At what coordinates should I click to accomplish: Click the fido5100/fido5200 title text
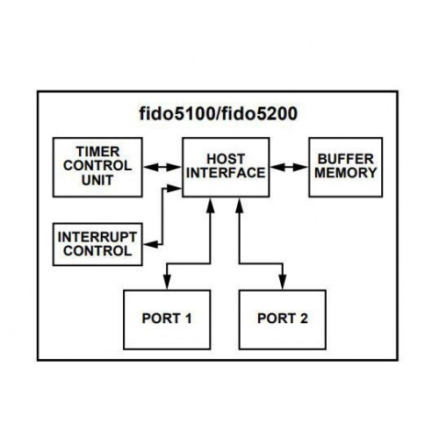[219, 114]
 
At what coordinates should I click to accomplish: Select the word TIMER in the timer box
[97, 152]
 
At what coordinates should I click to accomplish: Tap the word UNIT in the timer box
[97, 180]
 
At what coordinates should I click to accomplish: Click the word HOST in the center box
[226, 159]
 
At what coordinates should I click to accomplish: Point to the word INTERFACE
[226, 173]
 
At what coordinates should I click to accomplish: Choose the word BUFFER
[346, 159]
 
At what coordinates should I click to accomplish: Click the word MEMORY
[346, 173]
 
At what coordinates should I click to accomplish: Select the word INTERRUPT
[97, 237]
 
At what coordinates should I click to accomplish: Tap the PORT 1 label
[167, 319]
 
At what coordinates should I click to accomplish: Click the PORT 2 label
[283, 319]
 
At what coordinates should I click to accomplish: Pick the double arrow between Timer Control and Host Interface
[162, 168]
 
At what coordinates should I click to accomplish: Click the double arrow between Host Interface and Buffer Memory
[289, 168]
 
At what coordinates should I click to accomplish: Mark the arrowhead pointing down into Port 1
[167, 282]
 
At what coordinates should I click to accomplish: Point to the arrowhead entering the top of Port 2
[283, 282]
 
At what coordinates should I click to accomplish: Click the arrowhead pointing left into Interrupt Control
[151, 244]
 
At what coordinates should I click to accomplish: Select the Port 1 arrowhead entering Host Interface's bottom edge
[210, 205]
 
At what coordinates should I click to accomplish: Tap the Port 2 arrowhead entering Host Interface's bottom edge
[240, 205]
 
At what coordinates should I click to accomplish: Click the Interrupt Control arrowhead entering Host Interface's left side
[174, 189]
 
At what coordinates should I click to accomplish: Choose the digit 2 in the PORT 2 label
[304, 319]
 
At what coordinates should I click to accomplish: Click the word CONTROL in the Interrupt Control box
[97, 251]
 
